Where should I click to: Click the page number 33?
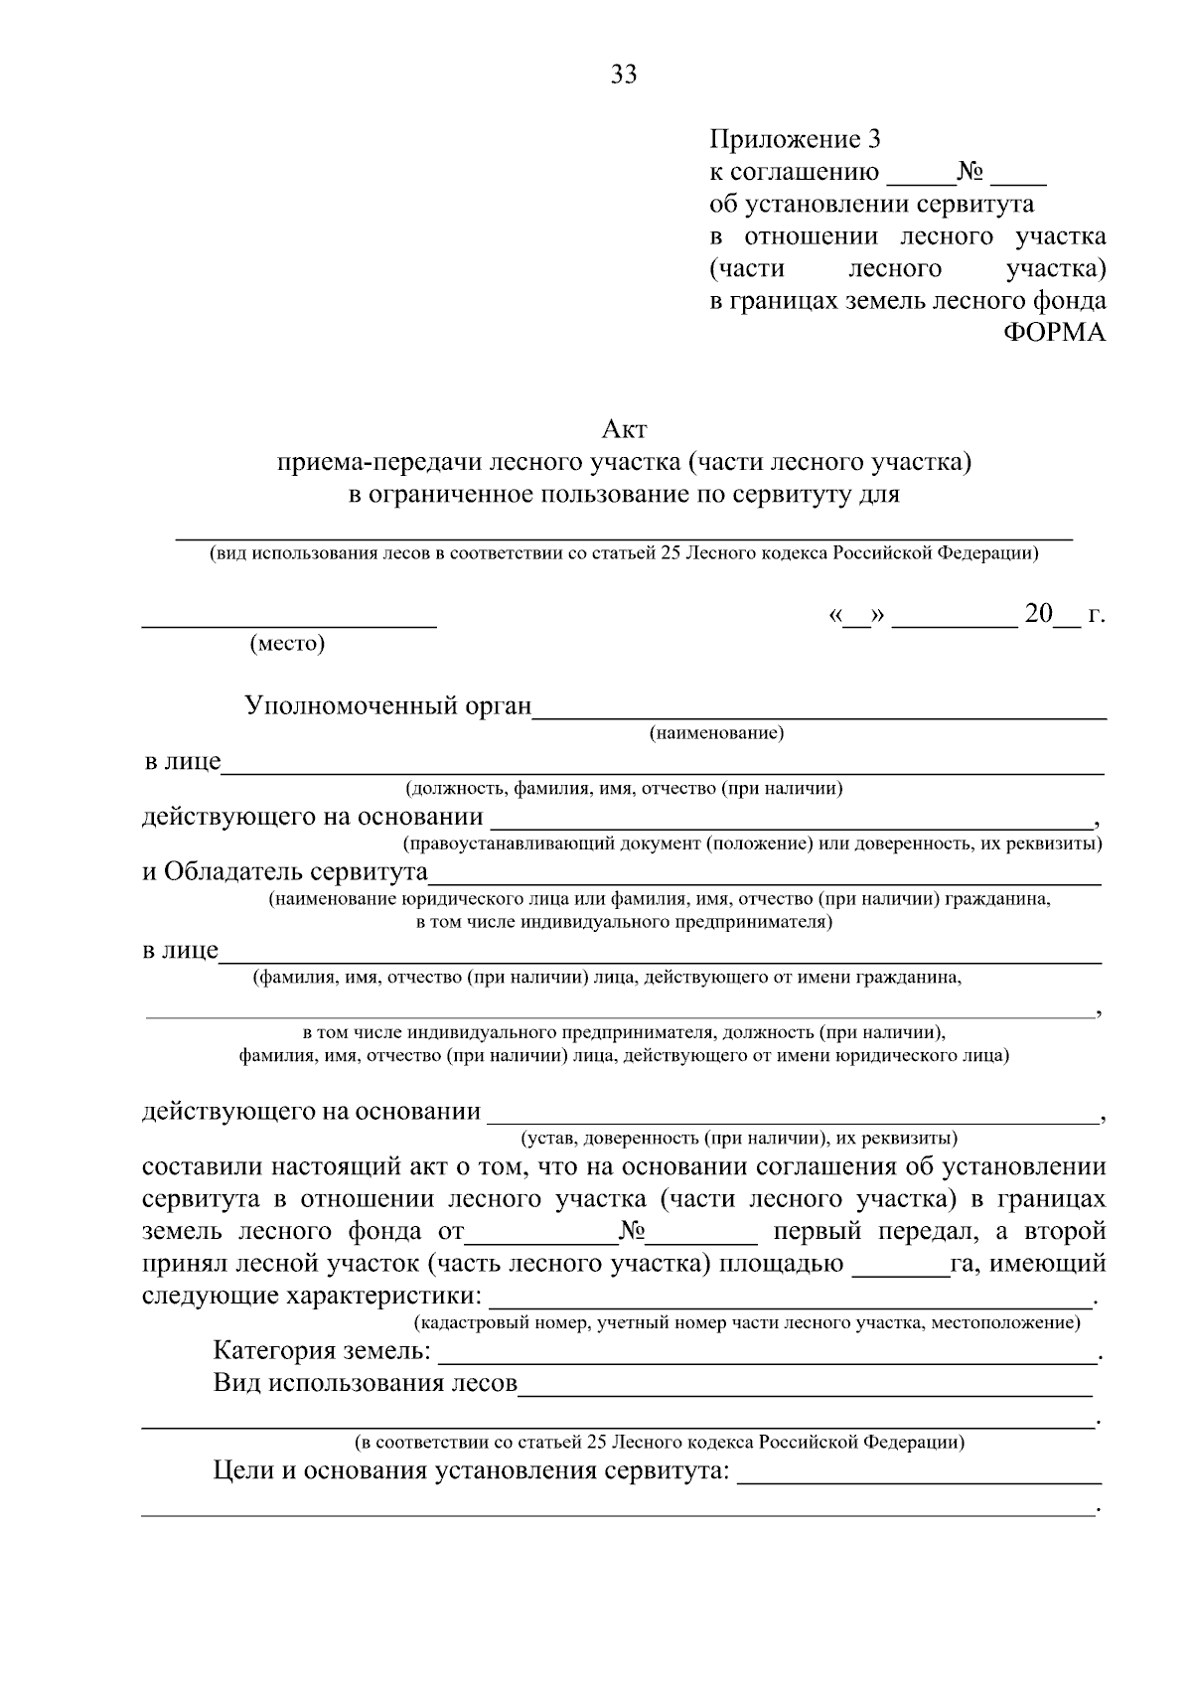[x=624, y=75]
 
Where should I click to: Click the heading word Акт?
[x=624, y=429]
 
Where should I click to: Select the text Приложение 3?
[x=795, y=139]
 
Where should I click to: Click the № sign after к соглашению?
[x=969, y=172]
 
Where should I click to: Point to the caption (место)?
[x=288, y=643]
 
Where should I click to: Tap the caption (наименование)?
[x=716, y=733]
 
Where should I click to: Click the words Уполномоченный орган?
[x=387, y=706]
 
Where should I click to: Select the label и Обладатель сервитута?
[x=284, y=872]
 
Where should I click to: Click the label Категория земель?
[x=322, y=1351]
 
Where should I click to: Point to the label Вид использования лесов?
[x=365, y=1383]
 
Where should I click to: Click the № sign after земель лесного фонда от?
[x=632, y=1232]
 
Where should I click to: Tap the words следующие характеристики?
[x=312, y=1297]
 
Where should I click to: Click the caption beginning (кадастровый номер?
[x=746, y=1322]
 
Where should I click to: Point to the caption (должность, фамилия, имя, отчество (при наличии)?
[x=623, y=789]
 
